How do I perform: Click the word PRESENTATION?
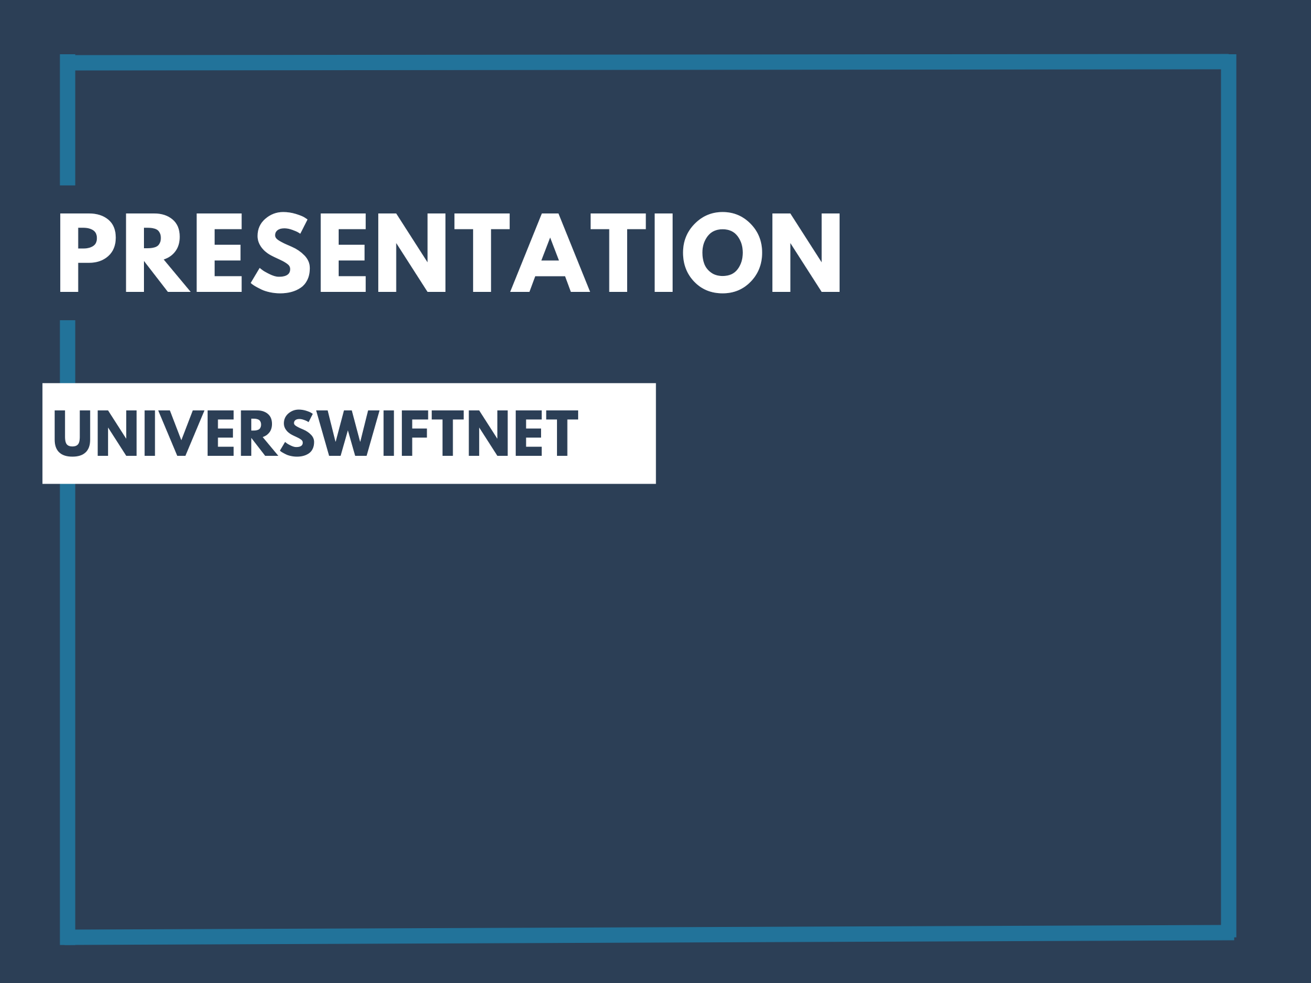click(450, 252)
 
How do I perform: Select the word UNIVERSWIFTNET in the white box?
click(315, 433)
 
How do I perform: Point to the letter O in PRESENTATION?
click(723, 252)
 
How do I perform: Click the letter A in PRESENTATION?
click(550, 252)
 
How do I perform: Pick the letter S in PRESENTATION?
click(280, 252)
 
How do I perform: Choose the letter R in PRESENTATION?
click(158, 252)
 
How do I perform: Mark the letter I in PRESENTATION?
click(663, 252)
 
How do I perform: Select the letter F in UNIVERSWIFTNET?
click(414, 433)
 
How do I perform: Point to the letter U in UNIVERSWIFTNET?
click(73, 433)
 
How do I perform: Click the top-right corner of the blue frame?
click(1228, 62)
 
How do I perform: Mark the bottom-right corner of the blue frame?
click(1228, 933)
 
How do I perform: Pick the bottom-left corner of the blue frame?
click(68, 938)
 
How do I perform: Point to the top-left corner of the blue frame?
click(68, 63)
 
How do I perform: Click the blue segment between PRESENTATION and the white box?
click(68, 351)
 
